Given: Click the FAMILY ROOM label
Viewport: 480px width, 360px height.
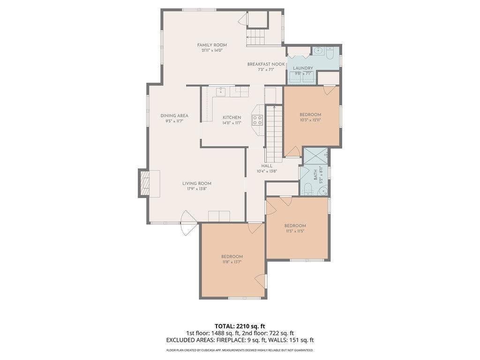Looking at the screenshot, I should pos(212,45).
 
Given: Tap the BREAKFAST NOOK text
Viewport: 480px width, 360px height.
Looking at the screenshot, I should pos(266,64).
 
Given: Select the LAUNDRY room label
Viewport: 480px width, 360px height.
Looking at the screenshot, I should pos(303,68).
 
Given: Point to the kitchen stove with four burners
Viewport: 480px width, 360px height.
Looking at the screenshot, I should pos(257,120).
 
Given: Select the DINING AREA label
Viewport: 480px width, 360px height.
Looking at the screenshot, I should pos(174,116).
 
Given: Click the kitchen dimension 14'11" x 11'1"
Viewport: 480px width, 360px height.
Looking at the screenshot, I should pos(232,123).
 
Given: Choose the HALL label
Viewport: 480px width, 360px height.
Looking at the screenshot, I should pos(267,166).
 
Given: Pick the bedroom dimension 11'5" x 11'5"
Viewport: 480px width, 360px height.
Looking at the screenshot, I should pos(295,231).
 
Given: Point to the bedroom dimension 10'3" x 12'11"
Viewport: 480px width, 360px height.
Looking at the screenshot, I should pos(310,120).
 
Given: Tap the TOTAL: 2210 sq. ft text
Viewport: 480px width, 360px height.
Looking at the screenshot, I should pos(240,326).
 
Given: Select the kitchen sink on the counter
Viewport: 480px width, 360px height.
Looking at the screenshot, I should pos(221,91).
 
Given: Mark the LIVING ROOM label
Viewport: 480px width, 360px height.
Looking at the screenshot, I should pos(197,183).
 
